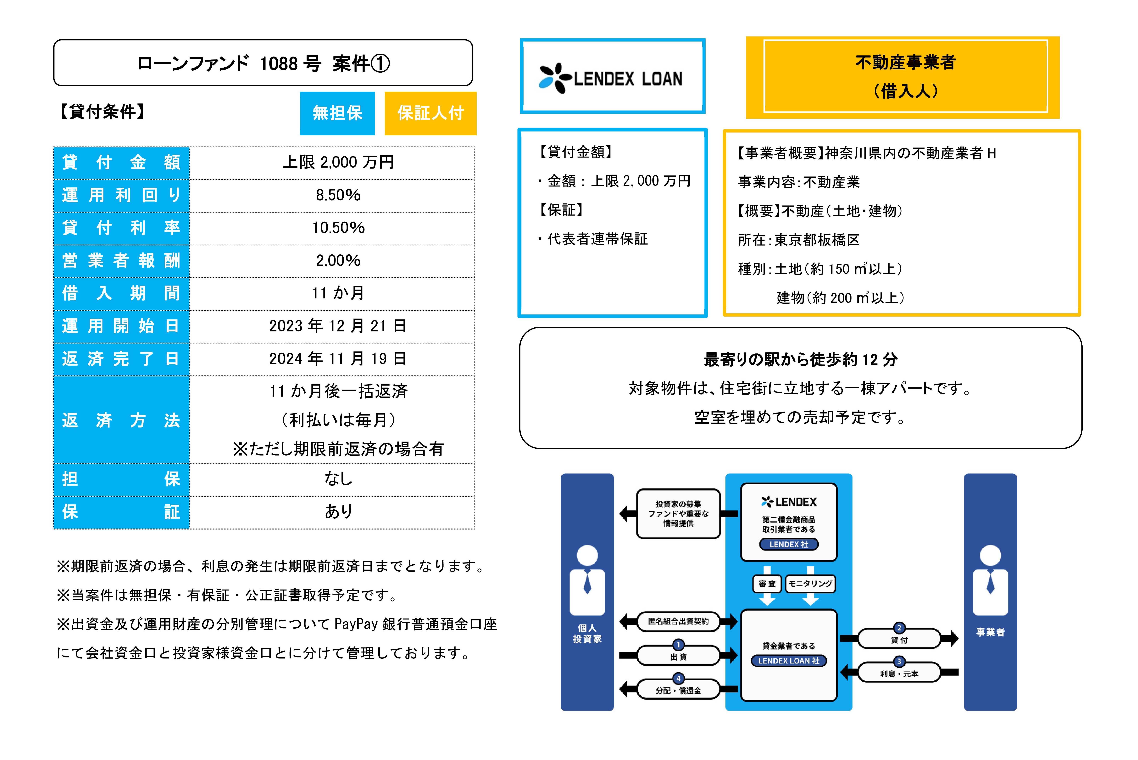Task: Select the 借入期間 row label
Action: point(121,293)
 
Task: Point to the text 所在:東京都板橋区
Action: point(799,240)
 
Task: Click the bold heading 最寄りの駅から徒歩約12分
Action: point(801,360)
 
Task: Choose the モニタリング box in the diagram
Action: point(810,584)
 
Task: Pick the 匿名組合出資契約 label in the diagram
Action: point(679,621)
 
